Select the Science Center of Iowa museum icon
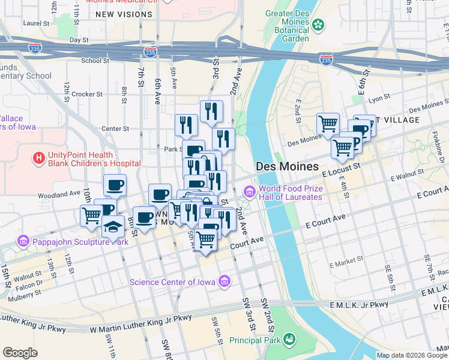point(224,281)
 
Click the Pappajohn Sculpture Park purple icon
point(23,242)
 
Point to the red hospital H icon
point(38,158)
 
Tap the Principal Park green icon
point(289,340)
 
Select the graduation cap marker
point(112,227)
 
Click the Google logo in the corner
point(20,353)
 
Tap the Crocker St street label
point(83,94)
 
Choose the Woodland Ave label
point(59,194)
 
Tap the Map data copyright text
point(411,355)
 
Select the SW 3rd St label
point(247,311)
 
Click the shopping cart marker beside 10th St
point(91,214)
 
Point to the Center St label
point(115,128)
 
